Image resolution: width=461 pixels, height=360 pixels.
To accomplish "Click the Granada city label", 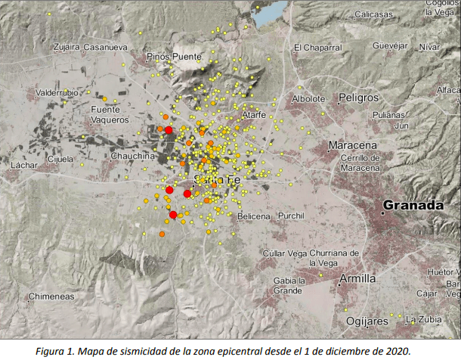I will tap(413, 205).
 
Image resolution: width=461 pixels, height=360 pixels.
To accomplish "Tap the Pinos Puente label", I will tap(175, 56).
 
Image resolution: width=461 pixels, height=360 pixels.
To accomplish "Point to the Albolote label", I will tap(308, 98).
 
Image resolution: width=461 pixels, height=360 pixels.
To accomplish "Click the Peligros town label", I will tap(358, 98).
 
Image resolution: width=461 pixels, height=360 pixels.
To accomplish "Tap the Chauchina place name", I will tap(132, 156).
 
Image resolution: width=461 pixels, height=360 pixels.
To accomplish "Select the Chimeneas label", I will tap(51, 296).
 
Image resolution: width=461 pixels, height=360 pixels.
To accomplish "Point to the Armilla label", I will tap(357, 278).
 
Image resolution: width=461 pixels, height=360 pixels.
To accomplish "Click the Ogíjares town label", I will tap(367, 321).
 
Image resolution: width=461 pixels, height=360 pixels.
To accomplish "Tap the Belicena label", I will tap(253, 216).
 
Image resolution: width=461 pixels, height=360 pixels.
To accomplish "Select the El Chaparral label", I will tap(317, 48).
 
